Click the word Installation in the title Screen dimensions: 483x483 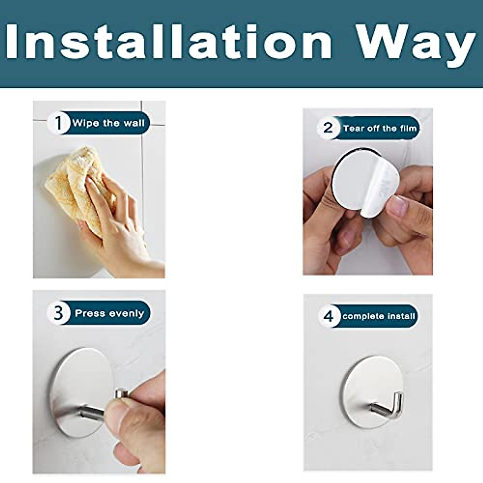point(169,42)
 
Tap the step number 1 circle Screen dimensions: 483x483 point(59,123)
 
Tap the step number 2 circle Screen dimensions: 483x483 point(328,128)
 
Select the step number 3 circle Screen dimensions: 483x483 point(59,313)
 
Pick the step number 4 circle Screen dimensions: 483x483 point(328,316)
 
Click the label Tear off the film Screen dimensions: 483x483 point(380,128)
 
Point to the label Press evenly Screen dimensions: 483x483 point(109,313)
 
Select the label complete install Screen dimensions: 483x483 point(378,316)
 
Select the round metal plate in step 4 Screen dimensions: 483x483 point(362,386)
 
